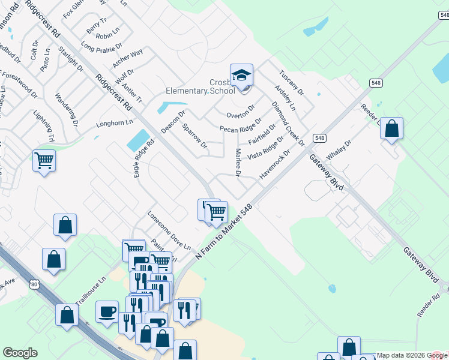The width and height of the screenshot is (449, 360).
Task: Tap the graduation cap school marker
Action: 241,76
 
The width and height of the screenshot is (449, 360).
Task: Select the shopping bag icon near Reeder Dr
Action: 391,128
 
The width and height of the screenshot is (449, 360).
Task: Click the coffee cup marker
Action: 107,311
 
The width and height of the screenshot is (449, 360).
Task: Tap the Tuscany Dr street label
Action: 291,83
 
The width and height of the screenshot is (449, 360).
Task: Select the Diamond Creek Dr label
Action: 288,123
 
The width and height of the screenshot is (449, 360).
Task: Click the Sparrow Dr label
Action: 194,136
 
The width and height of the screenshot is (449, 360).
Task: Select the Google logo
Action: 20,353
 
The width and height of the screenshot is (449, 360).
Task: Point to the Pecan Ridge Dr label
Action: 240,124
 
